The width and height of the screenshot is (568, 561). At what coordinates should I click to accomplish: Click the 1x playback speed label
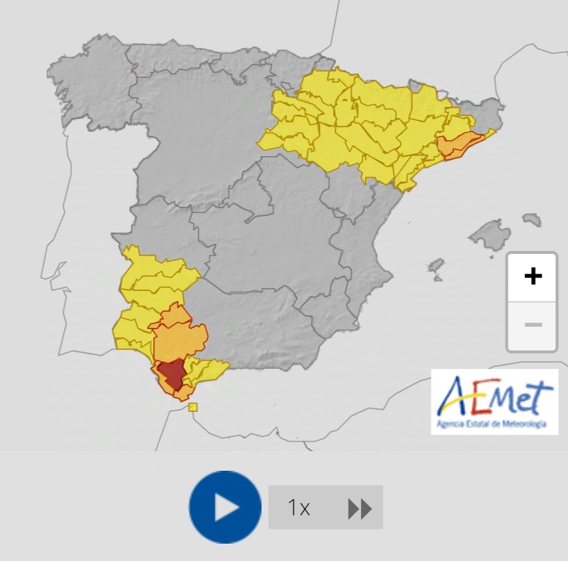coord(299,508)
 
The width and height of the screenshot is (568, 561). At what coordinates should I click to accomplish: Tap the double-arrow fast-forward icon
coord(360,509)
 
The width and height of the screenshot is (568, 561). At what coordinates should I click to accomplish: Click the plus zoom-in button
coord(532,276)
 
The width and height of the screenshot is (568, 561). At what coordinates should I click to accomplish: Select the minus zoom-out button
coord(532,324)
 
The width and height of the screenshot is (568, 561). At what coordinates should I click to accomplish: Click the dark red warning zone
coord(171,373)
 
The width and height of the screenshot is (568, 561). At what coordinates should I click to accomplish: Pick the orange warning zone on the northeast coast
coord(459,145)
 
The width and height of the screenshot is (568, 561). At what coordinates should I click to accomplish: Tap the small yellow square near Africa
coord(193,407)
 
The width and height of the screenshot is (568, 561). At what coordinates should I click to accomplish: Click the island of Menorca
coord(532,220)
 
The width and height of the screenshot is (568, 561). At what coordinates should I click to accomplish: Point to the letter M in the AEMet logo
coord(503,399)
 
